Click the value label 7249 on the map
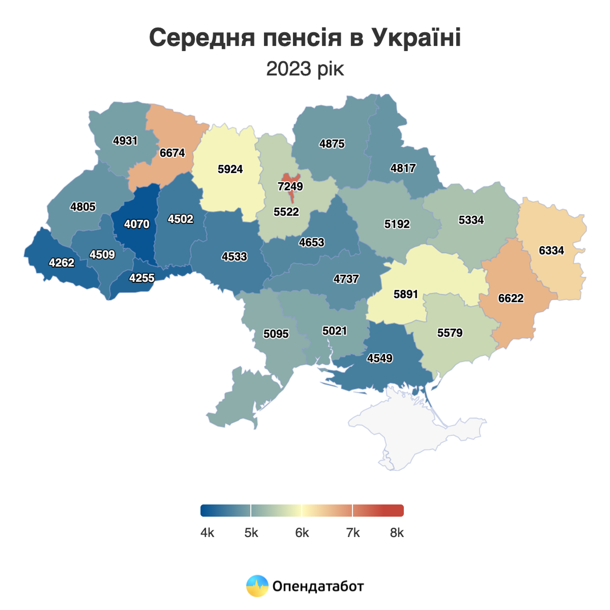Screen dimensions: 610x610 (x=290, y=187)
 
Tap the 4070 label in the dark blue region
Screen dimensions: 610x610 (x=137, y=224)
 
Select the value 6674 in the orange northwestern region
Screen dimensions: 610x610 (x=172, y=153)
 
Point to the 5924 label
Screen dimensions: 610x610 (x=230, y=169)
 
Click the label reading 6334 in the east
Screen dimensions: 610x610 (x=551, y=251)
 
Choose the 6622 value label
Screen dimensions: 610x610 (x=511, y=298)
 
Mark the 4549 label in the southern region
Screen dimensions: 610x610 (x=380, y=358)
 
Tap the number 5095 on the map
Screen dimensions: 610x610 (x=276, y=334)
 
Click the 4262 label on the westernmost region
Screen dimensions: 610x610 (x=61, y=263)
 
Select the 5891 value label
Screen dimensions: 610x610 (x=405, y=294)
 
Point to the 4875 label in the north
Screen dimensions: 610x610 (x=332, y=144)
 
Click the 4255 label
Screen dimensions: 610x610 (x=142, y=278)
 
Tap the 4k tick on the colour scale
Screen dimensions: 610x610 (x=207, y=533)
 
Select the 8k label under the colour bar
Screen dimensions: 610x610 (x=397, y=533)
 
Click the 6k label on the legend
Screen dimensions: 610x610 (x=302, y=533)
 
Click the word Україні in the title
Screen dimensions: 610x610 (x=416, y=38)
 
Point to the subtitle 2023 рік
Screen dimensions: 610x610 (x=305, y=69)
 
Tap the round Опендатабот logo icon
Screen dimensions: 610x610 (x=257, y=586)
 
